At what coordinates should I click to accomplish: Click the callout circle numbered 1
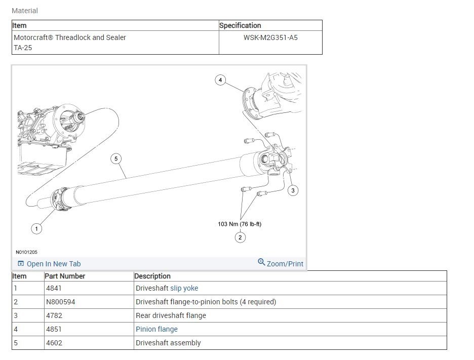coord(36,229)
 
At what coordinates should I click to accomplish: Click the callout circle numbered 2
coord(240,237)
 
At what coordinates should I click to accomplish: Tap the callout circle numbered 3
coord(293,190)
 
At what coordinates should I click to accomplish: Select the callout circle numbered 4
coord(220,80)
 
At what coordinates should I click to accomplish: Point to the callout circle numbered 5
coord(116,159)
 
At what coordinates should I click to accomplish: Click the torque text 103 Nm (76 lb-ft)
coord(240,224)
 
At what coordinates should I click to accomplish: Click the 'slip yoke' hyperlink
coord(184,288)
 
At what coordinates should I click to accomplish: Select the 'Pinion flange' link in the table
coord(156,329)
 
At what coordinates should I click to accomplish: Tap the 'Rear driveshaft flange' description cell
coord(171,315)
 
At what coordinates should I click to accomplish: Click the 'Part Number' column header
coord(65,276)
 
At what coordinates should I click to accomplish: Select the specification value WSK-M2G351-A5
coord(270,37)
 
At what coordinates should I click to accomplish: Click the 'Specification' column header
coord(240,25)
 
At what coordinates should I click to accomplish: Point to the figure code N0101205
coord(26,252)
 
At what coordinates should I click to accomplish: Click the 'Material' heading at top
coord(25,11)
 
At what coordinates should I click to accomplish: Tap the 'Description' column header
coord(152,276)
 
